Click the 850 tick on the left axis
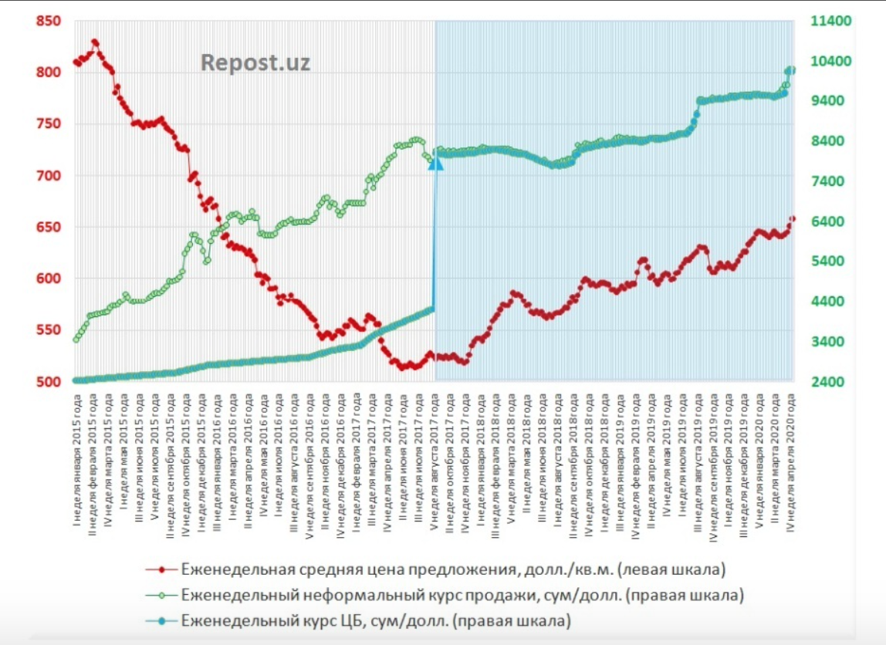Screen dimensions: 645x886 (48, 22)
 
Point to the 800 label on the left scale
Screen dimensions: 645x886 (48, 73)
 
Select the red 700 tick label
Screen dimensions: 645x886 (48, 176)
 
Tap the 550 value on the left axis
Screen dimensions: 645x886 (48, 330)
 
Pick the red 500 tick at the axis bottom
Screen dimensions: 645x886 (48, 382)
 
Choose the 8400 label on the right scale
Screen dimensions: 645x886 (827, 141)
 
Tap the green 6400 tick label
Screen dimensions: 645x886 (827, 221)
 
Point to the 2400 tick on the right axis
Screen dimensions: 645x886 (827, 382)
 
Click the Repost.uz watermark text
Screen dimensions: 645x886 (255, 62)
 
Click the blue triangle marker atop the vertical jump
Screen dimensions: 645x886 (435, 160)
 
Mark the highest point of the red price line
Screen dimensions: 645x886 (94, 42)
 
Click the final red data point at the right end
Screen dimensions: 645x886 (793, 218)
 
